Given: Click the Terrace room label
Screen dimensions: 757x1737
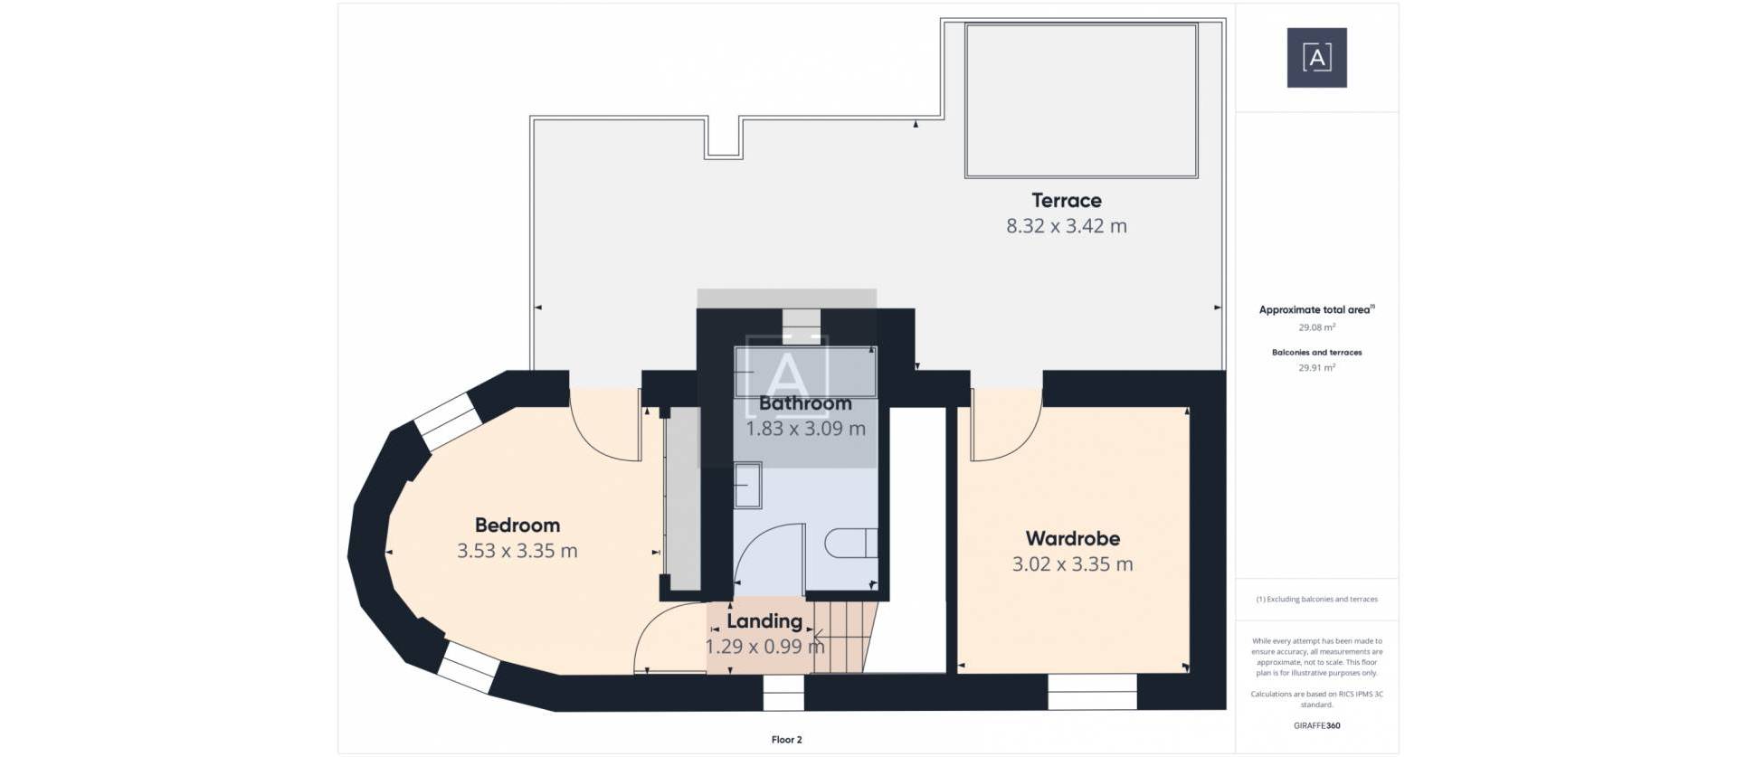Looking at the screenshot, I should (x=1066, y=201).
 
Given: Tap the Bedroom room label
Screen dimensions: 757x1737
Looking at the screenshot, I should (x=517, y=525).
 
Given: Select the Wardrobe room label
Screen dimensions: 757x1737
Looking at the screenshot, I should (x=1072, y=539).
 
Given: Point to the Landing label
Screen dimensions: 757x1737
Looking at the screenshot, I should (x=764, y=621).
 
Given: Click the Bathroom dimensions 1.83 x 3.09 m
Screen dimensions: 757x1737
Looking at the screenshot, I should (x=805, y=429).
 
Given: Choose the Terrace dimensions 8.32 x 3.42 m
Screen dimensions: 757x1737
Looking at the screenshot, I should (x=1066, y=226).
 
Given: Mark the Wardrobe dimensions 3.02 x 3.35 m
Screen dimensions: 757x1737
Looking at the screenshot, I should (x=1072, y=564).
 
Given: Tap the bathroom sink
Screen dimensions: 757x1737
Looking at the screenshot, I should (x=747, y=486).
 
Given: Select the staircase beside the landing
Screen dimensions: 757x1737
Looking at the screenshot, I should (x=843, y=638).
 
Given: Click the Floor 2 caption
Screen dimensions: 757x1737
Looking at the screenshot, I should (x=786, y=740).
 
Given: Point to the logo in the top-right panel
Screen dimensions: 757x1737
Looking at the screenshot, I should (x=1316, y=58).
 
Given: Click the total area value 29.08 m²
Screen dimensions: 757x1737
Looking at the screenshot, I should (x=1316, y=327).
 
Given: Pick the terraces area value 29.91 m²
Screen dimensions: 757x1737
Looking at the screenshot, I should (x=1316, y=368).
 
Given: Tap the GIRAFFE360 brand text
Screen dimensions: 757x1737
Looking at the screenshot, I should (x=1316, y=725).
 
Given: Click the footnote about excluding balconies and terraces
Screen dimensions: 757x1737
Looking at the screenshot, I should (x=1316, y=600).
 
